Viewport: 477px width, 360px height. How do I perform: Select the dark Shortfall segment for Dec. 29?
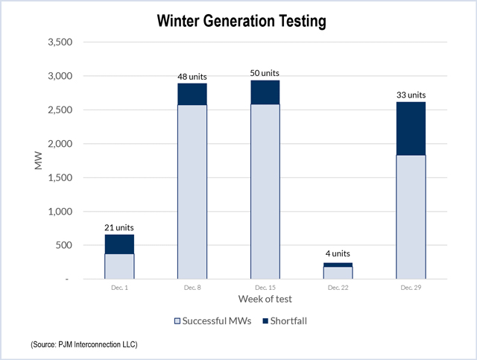click(411, 128)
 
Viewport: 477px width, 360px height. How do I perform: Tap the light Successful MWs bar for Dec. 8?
click(192, 192)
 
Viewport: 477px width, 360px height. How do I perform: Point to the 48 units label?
click(192, 76)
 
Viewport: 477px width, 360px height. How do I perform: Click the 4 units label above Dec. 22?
click(338, 254)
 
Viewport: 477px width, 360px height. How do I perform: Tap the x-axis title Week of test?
click(265, 299)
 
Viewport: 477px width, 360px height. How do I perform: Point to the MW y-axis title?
click(39, 161)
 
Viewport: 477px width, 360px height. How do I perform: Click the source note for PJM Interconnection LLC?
click(84, 345)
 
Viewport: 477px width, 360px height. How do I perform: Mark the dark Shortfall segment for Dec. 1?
click(119, 244)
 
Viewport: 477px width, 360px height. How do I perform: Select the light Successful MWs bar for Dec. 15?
click(265, 192)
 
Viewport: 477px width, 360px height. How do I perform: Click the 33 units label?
click(411, 95)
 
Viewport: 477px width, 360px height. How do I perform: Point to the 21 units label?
click(119, 227)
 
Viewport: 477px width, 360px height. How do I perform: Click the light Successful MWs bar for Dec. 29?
click(411, 217)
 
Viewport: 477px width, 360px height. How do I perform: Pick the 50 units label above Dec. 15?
click(265, 73)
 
